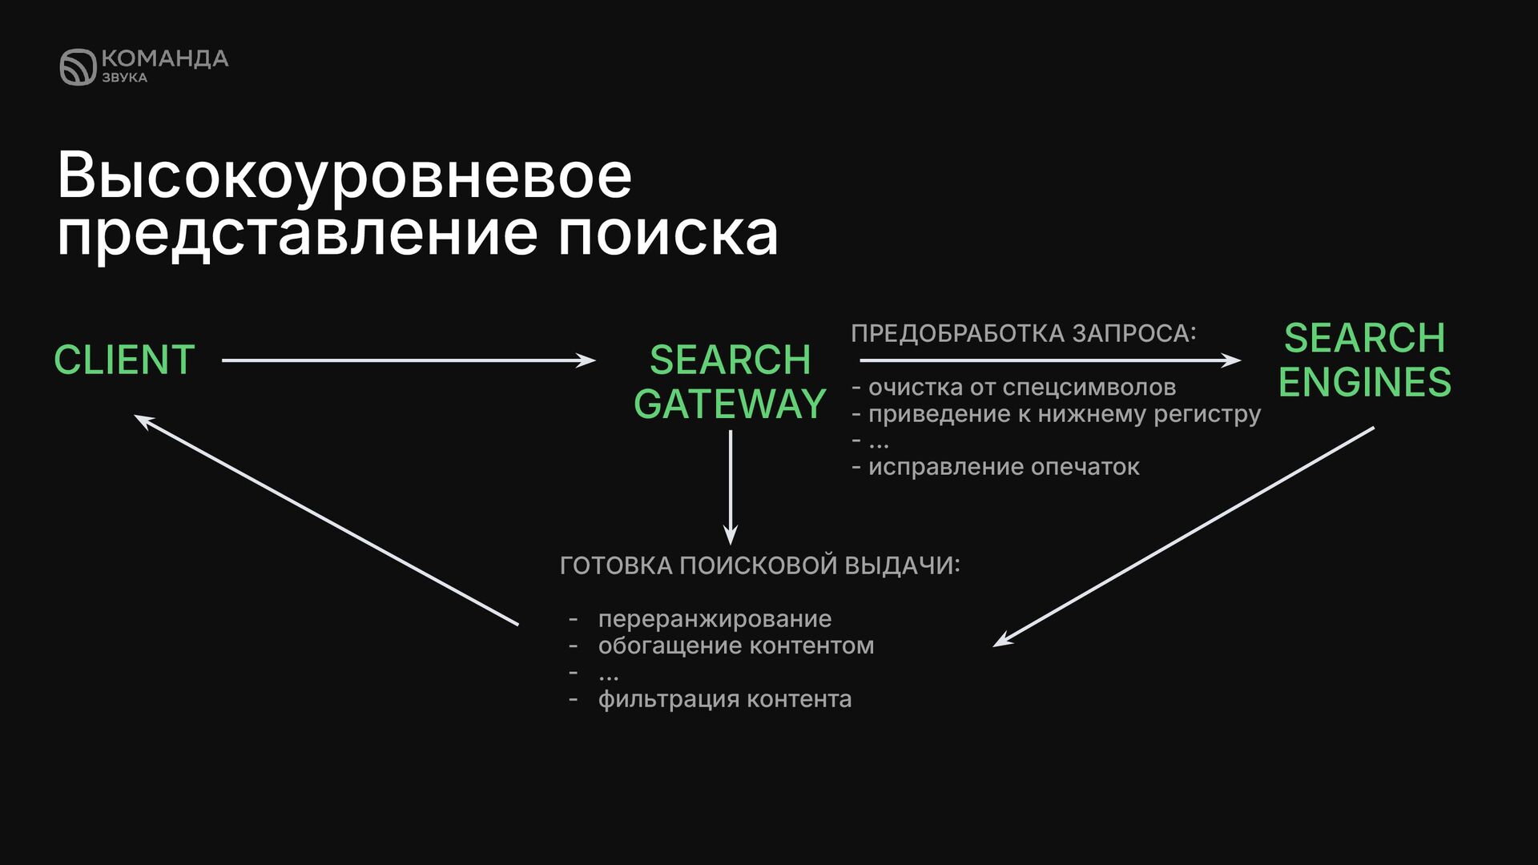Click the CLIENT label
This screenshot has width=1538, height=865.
(124, 360)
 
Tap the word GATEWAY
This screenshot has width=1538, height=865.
(730, 404)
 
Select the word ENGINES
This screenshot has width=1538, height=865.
(1364, 382)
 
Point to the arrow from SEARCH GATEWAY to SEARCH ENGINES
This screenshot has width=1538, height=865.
(1049, 360)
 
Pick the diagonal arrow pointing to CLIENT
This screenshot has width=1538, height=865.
(327, 520)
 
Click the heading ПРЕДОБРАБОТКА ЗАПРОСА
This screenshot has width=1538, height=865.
(1023, 333)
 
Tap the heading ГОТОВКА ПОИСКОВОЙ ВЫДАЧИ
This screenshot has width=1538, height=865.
(759, 565)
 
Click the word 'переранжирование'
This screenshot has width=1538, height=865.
(715, 619)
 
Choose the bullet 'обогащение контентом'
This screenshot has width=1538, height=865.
(735, 646)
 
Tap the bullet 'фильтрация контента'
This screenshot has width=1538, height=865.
(724, 699)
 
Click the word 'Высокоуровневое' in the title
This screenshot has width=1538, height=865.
(344, 176)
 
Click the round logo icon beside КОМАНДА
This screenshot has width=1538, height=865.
(78, 66)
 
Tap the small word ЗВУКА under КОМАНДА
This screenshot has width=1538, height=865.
(124, 78)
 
